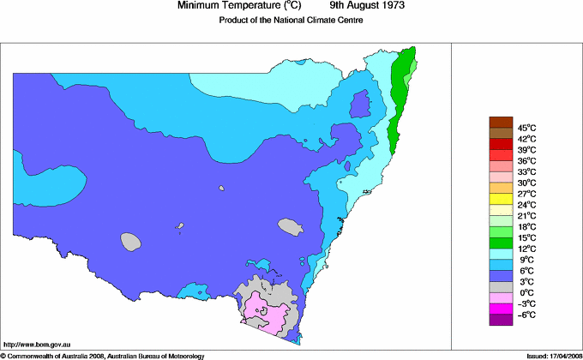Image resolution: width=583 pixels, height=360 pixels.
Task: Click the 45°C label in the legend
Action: [526, 128]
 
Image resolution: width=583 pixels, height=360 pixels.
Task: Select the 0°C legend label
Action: [526, 293]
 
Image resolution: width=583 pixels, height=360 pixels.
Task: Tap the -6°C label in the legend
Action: [526, 315]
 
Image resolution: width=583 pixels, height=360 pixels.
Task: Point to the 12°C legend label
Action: [526, 249]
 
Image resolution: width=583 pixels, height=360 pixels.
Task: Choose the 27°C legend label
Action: [526, 194]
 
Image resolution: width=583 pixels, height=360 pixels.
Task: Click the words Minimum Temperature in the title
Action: [227, 5]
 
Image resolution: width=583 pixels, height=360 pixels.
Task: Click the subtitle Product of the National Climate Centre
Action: [292, 20]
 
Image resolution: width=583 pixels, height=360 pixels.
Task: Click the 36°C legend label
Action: [526, 160]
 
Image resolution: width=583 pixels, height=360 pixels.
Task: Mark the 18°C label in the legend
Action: [526, 227]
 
